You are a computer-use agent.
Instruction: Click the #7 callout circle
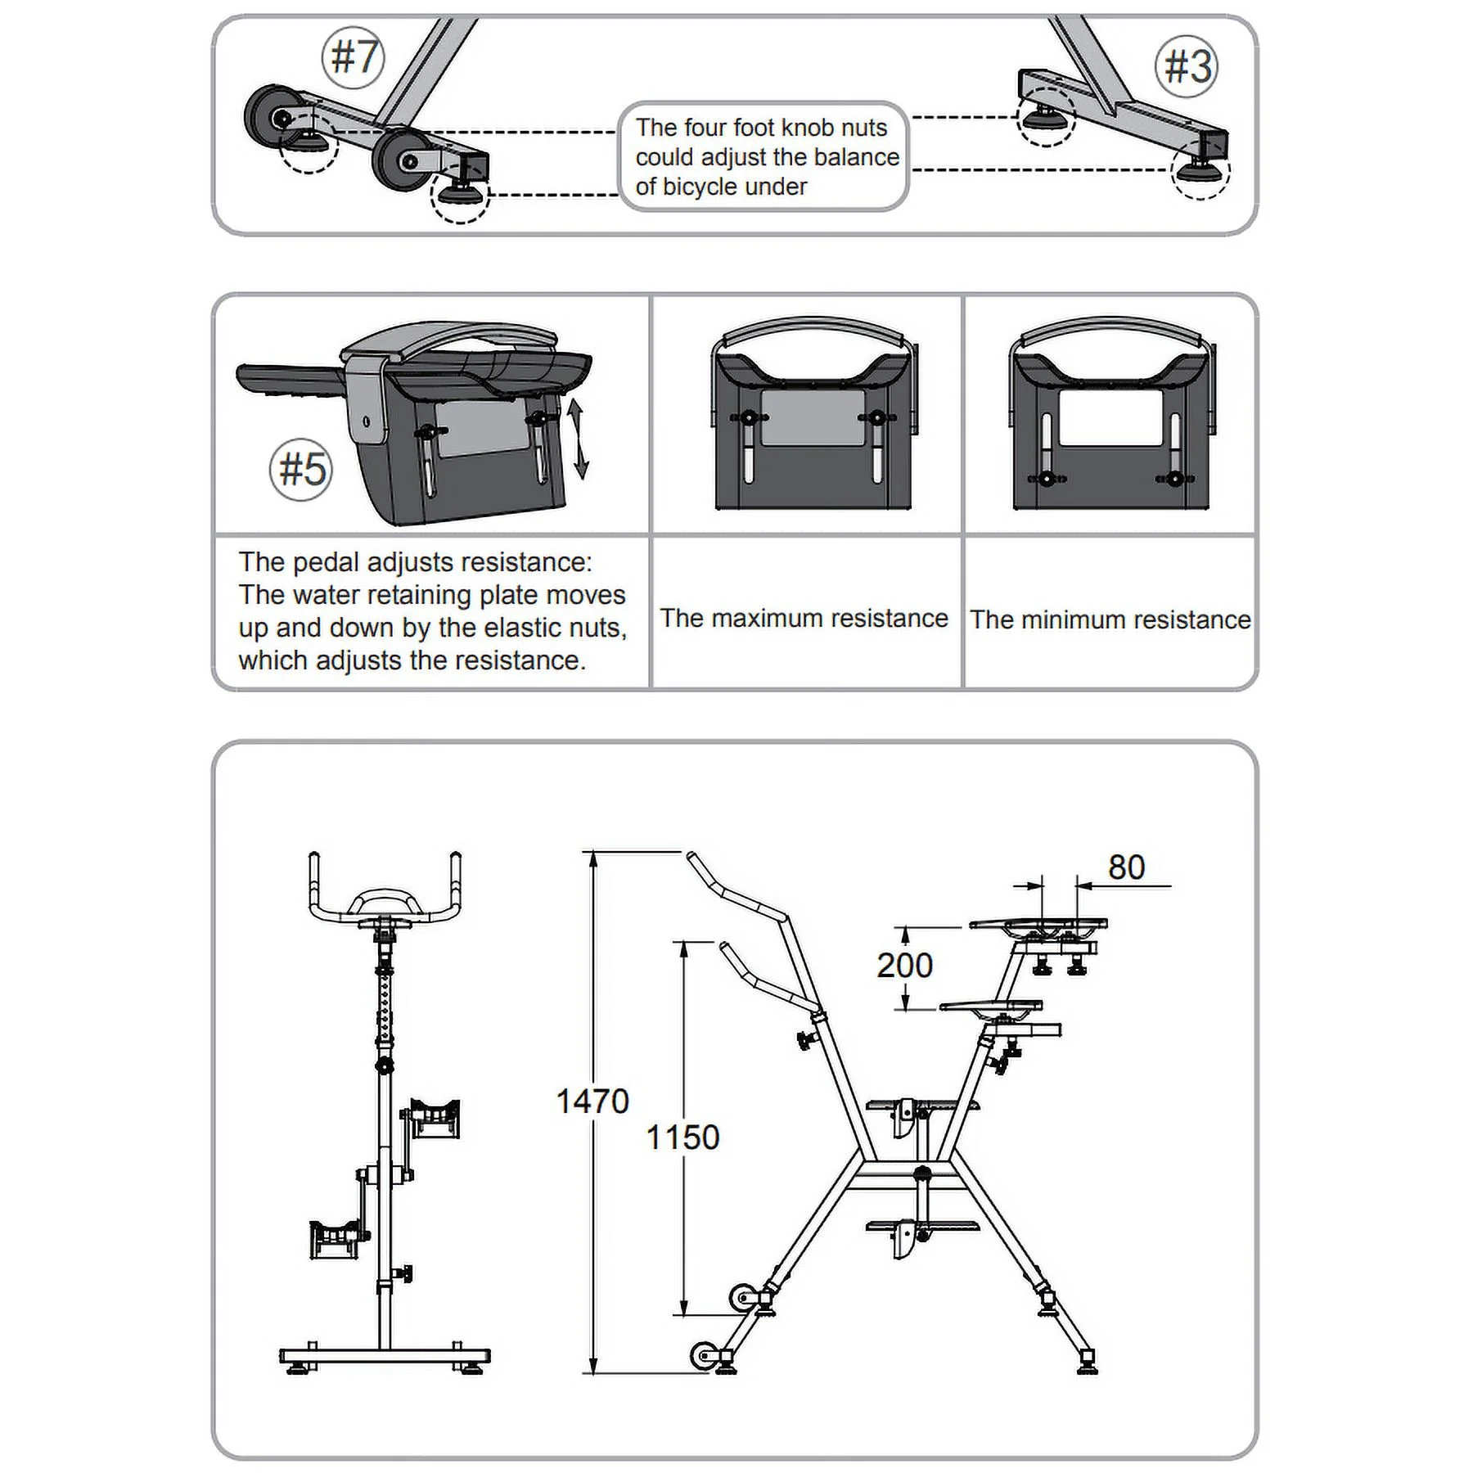pos(354,57)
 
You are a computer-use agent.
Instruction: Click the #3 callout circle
pos(1186,66)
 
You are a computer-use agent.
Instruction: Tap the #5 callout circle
pos(301,470)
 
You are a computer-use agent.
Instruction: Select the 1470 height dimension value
pos(592,1101)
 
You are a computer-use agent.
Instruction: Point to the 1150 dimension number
pos(682,1137)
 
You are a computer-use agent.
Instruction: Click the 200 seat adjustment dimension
pos(904,966)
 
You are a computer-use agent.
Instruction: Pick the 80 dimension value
pos(1126,867)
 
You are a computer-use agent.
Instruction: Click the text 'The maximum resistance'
pos(804,618)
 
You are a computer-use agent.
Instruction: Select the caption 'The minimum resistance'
pos(1110,619)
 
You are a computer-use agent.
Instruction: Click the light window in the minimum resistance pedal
pos(1110,417)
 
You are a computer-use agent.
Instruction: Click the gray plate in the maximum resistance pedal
pos(812,417)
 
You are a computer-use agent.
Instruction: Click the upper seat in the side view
pos(1038,925)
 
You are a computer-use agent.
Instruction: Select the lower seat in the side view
pos(991,1006)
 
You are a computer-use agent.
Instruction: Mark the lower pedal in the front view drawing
pos(334,1239)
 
